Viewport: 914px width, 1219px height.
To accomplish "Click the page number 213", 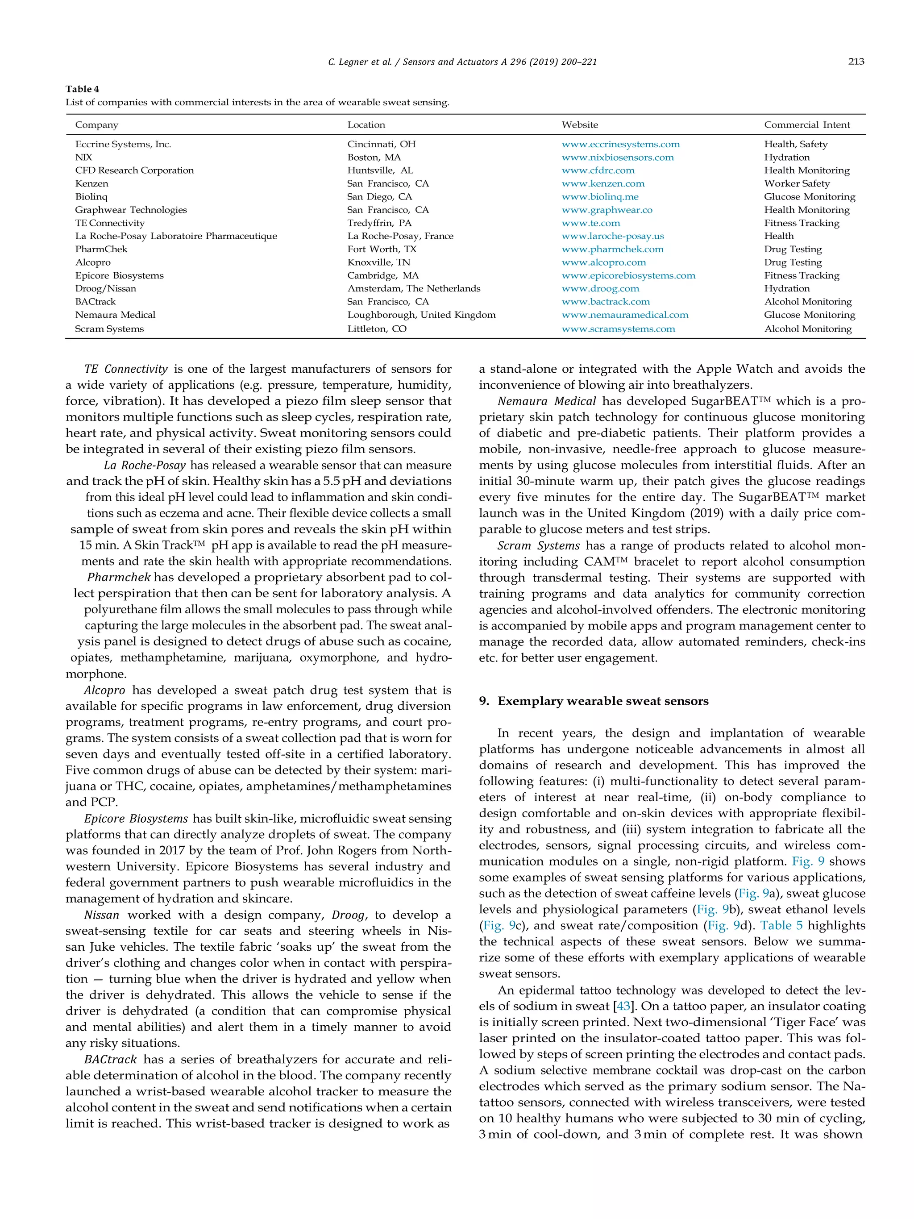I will pos(856,62).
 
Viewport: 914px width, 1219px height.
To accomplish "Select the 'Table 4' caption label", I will pos(82,89).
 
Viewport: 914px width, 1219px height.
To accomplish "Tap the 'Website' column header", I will pos(580,125).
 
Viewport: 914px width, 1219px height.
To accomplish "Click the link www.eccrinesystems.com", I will pos(620,144).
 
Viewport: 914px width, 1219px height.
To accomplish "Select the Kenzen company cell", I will pos(91,183).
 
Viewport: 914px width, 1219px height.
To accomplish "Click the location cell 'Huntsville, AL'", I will pos(380,171).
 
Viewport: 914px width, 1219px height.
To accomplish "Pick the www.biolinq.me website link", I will pos(600,197).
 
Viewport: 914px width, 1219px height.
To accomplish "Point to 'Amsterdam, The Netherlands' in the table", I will pos(414,289).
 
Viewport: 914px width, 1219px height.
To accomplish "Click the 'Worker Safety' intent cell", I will pos(796,183).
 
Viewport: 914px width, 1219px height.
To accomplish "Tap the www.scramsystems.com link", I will pos(618,329).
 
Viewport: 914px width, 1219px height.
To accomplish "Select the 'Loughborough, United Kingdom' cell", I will pos(421,315).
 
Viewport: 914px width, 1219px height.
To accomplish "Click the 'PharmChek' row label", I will pos(101,249).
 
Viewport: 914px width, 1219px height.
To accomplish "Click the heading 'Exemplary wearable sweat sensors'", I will pos(603,701).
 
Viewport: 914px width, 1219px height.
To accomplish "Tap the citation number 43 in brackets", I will pos(623,1006).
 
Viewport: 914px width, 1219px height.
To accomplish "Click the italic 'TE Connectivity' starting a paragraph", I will pos(125,369).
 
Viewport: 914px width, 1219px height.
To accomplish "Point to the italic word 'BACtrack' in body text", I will pos(110,1060).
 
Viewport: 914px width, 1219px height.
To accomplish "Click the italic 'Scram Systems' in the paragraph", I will pos(538,545).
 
